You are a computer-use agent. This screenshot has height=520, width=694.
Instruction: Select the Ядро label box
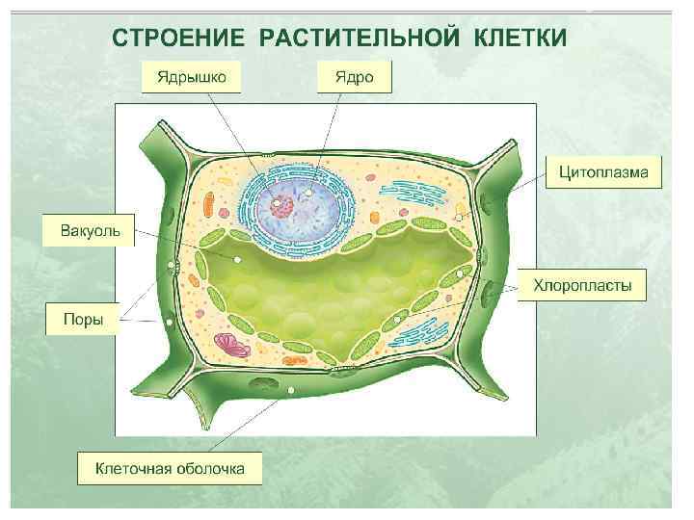355,77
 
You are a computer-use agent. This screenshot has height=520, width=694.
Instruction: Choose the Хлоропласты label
582,285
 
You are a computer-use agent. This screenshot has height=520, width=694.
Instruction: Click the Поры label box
83,319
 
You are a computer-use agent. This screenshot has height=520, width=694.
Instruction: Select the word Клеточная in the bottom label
133,469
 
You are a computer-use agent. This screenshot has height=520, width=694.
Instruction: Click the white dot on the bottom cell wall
293,390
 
